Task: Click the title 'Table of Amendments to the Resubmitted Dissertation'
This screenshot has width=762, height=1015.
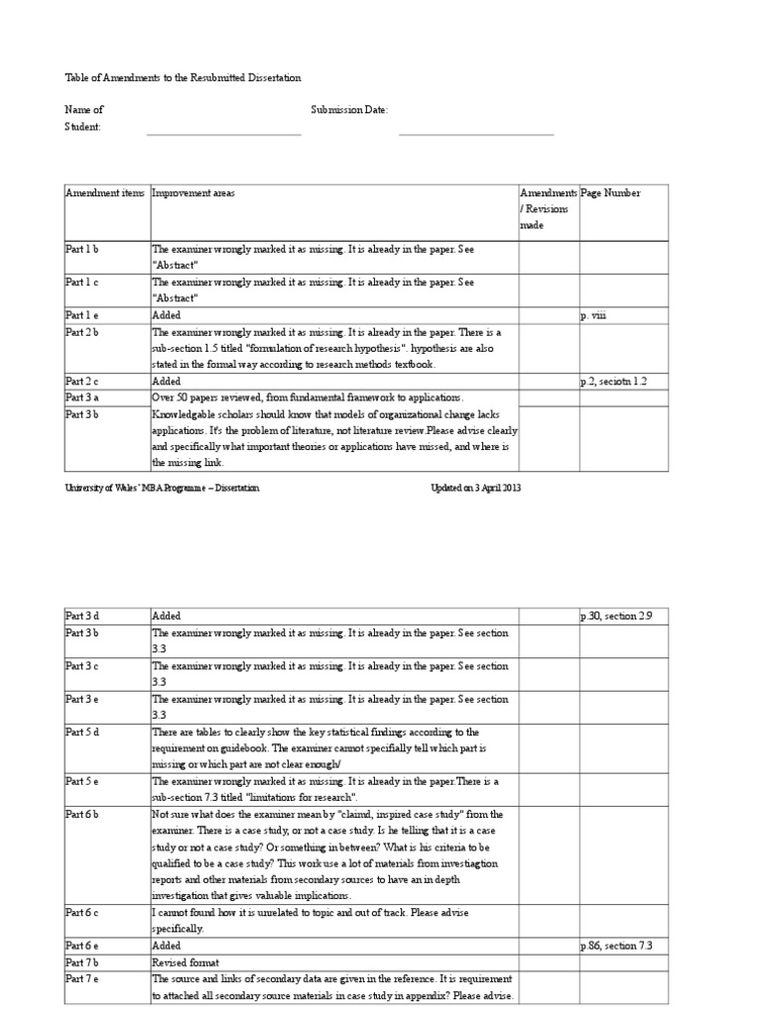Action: [x=183, y=77]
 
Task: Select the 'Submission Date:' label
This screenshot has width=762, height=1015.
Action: [x=349, y=110]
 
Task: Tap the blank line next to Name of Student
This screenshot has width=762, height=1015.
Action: [x=223, y=133]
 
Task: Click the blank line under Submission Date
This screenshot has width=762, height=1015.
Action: [x=476, y=133]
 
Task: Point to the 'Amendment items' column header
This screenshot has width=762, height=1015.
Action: [x=105, y=193]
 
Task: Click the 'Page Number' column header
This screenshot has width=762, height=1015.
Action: [x=610, y=193]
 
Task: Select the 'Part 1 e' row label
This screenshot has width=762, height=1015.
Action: [x=82, y=315]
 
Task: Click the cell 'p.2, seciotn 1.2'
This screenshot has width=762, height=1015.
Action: [x=613, y=381]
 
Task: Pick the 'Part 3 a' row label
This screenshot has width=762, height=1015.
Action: [x=82, y=397]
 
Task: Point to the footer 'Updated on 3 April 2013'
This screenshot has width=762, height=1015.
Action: [x=474, y=489]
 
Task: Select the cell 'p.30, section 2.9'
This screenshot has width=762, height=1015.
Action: [x=616, y=617]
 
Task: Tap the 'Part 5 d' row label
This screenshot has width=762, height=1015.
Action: [x=82, y=733]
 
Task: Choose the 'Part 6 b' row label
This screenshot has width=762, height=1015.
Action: [x=82, y=815]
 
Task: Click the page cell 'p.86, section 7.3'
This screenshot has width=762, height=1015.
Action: [x=616, y=947]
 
